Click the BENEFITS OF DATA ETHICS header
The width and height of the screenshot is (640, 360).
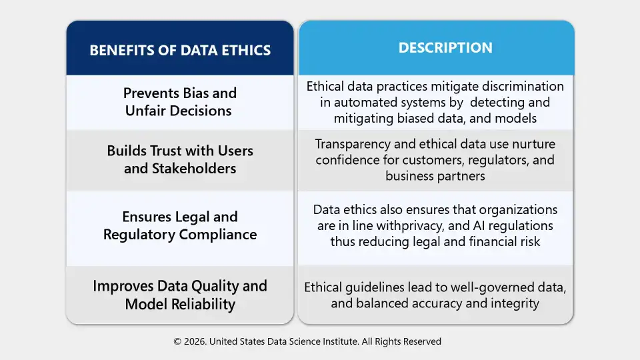click(180, 51)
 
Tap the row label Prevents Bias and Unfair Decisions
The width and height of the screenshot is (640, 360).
click(180, 102)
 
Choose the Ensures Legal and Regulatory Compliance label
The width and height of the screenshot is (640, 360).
click(180, 225)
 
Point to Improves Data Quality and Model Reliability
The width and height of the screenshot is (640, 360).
click(180, 295)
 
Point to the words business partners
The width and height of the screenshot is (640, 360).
click(435, 176)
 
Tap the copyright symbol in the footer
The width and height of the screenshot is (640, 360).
click(177, 341)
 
